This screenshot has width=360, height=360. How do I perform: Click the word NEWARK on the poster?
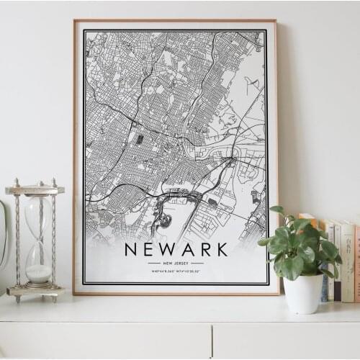[176, 250]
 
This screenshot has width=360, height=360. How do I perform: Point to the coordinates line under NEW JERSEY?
[176, 271]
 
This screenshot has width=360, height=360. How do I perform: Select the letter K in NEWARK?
[222, 250]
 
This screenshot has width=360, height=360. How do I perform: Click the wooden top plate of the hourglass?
[35, 189]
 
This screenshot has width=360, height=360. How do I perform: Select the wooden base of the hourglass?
[35, 291]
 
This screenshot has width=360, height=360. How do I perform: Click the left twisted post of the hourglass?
[18, 238]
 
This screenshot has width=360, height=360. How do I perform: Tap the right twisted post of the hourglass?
[53, 238]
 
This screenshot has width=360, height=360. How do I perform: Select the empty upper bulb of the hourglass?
[37, 216]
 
